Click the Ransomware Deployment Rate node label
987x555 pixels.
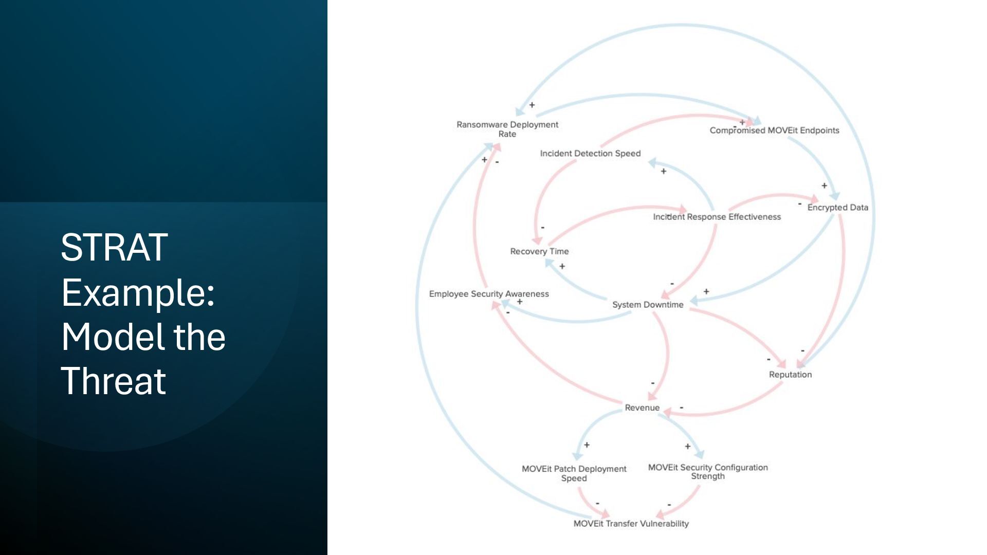coord(507,129)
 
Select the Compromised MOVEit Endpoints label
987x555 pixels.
coord(774,131)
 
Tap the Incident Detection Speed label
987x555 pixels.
coord(590,154)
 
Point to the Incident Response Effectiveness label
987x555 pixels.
coord(717,217)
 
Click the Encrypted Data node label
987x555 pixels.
coord(837,208)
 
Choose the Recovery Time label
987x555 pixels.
coord(539,251)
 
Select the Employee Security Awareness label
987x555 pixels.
coord(489,294)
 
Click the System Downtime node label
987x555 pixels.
coord(648,305)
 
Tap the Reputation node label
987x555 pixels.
coord(790,375)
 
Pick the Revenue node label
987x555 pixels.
coord(642,408)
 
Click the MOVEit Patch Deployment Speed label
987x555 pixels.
coord(574,473)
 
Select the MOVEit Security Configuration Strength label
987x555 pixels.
coord(708,472)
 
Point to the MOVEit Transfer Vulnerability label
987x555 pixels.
coord(631,524)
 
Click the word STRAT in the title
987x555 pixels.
coord(114,248)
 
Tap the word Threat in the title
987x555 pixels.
coord(114,381)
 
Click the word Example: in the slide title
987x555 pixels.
coord(138,292)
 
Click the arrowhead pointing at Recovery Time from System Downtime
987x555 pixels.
coord(549,263)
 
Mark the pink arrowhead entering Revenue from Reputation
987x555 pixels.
coord(667,412)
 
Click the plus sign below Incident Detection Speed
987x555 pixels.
coord(663,171)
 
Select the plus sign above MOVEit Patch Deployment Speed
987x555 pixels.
coord(587,445)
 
